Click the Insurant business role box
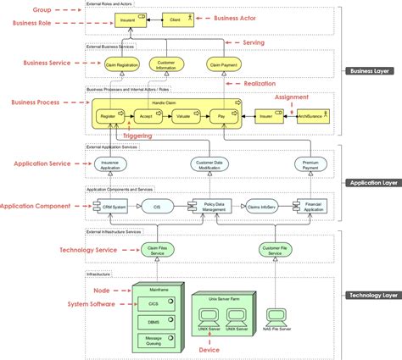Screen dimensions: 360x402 click(x=126, y=17)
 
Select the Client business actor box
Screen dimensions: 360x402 click(x=175, y=17)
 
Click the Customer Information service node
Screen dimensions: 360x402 click(x=167, y=64)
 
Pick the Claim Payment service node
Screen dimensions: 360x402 click(x=223, y=64)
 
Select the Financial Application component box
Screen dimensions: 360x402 click(x=315, y=206)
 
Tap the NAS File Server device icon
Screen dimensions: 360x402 click(x=276, y=320)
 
